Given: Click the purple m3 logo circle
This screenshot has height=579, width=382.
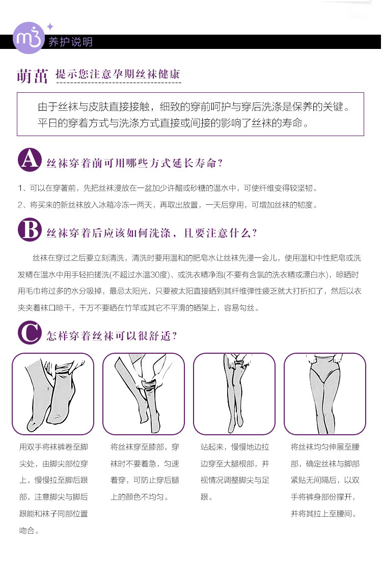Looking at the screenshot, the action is tap(29, 38).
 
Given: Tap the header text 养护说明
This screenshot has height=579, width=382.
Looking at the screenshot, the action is tap(70, 42).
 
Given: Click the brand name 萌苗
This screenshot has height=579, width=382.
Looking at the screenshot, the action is tap(33, 76).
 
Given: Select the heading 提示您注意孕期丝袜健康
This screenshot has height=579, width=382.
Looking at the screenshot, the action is tap(118, 74).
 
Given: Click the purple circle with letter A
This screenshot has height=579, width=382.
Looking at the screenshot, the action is tap(30, 160).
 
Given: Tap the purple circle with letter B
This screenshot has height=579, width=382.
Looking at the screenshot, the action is tap(30, 230).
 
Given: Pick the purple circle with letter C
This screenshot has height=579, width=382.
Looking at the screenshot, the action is tap(30, 332).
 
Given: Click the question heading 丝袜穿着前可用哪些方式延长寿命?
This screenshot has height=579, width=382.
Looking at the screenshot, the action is tap(134, 163).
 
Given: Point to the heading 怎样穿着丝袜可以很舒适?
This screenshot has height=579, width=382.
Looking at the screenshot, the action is tap(112, 336).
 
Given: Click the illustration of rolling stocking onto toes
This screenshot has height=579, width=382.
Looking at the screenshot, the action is tap(53, 394).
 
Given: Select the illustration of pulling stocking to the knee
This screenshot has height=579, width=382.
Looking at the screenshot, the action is tap(144, 394).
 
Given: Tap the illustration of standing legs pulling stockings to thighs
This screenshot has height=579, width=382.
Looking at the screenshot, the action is tap(234, 394).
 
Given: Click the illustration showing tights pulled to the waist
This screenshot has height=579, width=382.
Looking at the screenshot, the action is tap(325, 394).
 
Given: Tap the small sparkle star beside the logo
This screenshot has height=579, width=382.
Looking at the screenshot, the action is tap(50, 26).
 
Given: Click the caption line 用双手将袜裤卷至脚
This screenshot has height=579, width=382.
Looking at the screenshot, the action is tap(53, 447).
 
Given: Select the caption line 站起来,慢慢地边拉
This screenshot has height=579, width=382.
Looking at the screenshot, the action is tap(235, 447).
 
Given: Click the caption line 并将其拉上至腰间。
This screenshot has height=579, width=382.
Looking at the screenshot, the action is tap(324, 514).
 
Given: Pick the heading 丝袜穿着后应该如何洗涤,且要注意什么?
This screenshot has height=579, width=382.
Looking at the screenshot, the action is tap(152, 233).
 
